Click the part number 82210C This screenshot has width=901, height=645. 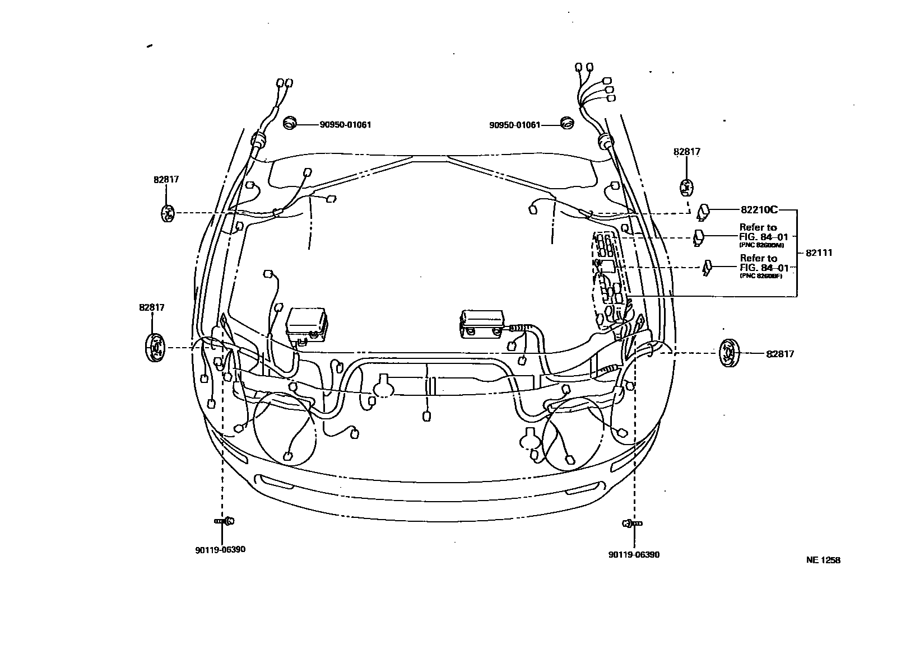[759, 210]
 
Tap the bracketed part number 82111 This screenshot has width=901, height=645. [819, 253]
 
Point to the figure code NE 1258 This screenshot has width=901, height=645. [823, 560]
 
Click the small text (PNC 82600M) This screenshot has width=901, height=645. [761, 245]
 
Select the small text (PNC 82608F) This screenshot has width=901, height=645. [761, 275]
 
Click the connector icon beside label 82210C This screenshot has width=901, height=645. [703, 212]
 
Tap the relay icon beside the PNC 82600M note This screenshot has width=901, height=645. [699, 237]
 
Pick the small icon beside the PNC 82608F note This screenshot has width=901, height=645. [708, 267]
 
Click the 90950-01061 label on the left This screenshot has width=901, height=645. [345, 125]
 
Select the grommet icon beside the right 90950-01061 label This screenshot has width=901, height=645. [567, 124]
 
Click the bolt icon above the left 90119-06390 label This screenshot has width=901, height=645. [225, 521]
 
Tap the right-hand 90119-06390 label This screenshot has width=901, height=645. [634, 555]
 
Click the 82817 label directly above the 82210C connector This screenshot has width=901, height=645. [687, 152]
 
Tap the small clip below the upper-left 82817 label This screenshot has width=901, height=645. [168, 213]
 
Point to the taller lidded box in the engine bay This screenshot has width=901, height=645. [306, 323]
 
